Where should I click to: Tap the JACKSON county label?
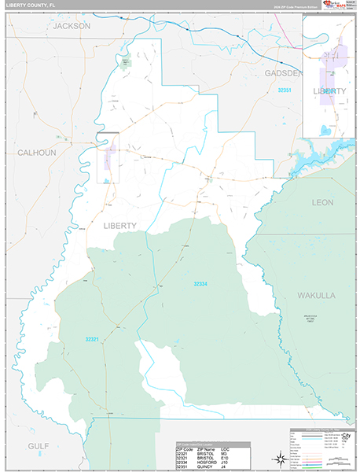(x=72, y=26)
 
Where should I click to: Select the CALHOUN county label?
(x=37, y=153)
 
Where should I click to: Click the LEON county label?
(x=322, y=202)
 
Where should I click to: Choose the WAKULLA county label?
(x=316, y=295)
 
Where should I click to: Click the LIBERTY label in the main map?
(x=119, y=226)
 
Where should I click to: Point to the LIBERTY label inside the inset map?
(x=329, y=91)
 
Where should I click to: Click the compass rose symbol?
(x=279, y=457)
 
